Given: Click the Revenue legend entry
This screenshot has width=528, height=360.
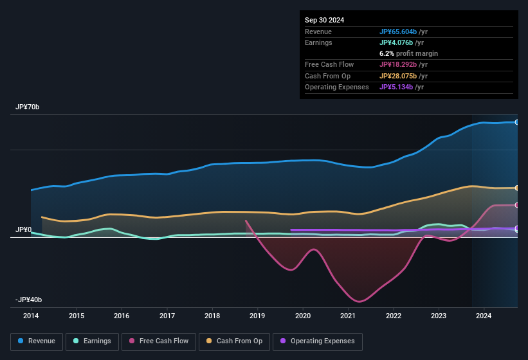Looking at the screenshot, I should (37, 341).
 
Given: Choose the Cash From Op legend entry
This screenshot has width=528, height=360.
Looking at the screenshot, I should (233, 341).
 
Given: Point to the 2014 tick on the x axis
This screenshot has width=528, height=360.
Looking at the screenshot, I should (31, 316).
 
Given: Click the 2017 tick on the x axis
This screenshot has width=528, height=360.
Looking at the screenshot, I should (167, 316).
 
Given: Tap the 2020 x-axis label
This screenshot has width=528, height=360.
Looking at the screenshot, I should (303, 316).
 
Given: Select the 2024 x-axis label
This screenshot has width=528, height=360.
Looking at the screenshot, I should (484, 316).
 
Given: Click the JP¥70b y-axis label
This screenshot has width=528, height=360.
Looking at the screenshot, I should (28, 107).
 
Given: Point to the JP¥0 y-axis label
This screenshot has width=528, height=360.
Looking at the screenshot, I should (24, 230).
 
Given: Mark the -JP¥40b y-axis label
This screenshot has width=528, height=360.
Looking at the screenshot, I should (30, 300).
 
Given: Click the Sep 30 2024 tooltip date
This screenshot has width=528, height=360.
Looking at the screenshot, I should (324, 20).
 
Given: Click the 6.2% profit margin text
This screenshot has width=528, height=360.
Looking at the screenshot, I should (408, 53).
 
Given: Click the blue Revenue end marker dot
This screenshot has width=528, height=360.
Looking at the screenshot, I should (516, 122).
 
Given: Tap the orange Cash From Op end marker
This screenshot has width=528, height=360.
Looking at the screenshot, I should (516, 188).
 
